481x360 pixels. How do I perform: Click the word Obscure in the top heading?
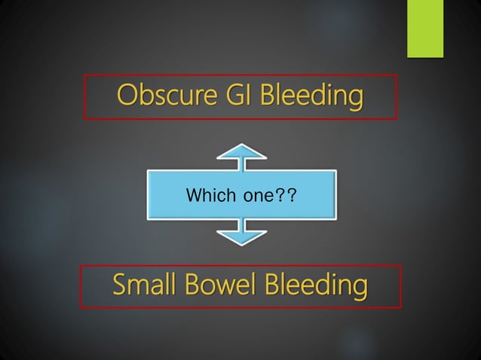(161, 96)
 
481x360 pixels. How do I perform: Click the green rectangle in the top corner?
(425, 28)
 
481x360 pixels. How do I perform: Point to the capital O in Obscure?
(125, 96)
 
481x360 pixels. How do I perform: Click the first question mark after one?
(280, 197)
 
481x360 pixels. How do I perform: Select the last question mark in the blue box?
(290, 197)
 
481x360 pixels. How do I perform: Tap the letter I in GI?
(236, 96)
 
